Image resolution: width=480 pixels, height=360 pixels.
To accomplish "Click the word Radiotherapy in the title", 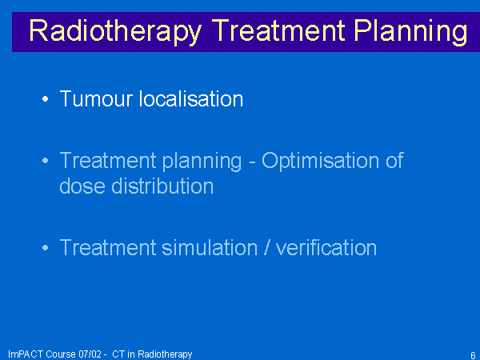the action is tap(115, 32).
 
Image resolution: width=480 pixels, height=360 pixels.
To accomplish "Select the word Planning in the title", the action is tap(411, 32).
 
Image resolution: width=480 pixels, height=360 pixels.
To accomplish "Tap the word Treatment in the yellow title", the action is tap(278, 30).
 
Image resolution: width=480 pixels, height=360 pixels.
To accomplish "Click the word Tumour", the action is tap(96, 99).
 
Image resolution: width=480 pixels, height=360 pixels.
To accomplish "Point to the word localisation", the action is tap(191, 98).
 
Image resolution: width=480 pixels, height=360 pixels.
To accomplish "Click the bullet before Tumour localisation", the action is tap(46, 99).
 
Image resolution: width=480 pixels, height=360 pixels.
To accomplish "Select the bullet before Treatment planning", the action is tap(46, 161).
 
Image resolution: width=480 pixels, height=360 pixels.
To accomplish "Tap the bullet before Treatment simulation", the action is tap(46, 247).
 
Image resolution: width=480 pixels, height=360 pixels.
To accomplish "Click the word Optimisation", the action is tap(320, 161).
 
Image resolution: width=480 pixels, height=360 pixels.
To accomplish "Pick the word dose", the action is tap(82, 186).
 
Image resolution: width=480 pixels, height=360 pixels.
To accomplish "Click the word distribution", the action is tap(162, 186).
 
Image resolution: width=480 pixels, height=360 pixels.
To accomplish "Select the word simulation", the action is tap(210, 247).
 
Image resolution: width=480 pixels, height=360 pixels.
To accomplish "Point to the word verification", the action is tap(326, 247).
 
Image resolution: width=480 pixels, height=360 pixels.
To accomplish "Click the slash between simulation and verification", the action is tap(267, 247).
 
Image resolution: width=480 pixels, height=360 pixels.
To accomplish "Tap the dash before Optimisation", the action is tap(252, 162).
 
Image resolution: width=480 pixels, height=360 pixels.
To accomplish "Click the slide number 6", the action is tap(473, 355).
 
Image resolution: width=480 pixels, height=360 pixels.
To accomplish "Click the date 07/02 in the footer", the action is tap(90, 354).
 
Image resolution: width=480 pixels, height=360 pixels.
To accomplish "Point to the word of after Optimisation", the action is tap(394, 160).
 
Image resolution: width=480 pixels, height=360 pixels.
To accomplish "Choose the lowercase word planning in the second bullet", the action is tap(202, 162).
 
